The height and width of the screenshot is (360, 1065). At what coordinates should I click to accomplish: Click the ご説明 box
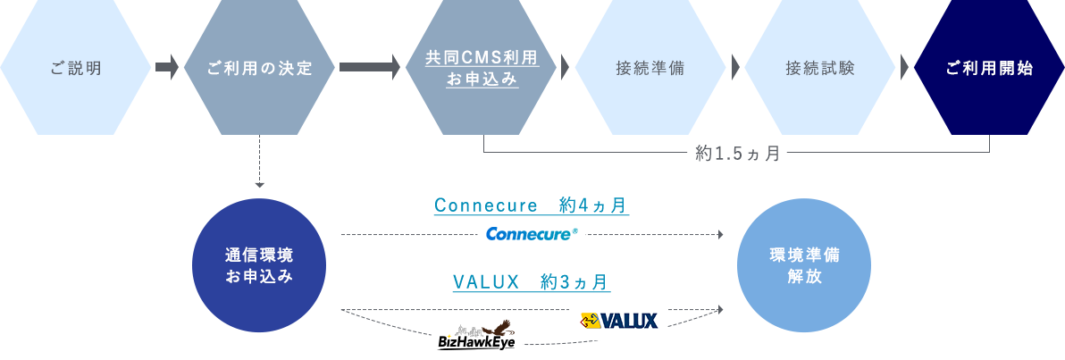coord(76,68)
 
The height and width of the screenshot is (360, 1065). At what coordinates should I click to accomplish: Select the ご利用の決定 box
coord(259,68)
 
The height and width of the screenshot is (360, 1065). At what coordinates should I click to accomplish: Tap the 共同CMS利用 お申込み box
coord(481,68)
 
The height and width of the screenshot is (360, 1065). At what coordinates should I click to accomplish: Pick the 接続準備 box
coord(650,68)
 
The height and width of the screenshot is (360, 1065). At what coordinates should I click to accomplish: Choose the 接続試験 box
coord(819,68)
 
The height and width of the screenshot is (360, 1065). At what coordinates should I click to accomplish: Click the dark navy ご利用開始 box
coord(988,68)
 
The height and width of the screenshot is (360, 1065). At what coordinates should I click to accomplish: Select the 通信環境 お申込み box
coord(258,265)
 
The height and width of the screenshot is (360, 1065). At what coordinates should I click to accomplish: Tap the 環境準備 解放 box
coord(803,265)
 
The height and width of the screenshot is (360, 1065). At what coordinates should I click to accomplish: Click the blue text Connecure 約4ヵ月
coord(531,206)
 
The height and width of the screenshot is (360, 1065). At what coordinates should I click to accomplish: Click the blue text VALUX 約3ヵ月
coord(531,282)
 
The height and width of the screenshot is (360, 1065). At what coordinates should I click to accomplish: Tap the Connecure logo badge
coord(531,235)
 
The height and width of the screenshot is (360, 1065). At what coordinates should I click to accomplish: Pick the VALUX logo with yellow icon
coord(617,320)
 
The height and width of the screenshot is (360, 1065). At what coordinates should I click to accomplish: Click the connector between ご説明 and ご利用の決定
coord(167,68)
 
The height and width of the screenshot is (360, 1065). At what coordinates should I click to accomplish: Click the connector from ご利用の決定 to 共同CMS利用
coord(369,68)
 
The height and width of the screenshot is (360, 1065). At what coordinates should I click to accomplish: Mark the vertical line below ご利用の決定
coord(259,161)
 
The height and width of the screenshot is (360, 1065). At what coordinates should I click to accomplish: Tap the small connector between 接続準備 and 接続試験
coord(734,68)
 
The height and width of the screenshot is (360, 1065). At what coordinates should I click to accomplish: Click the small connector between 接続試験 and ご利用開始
coord(904,68)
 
